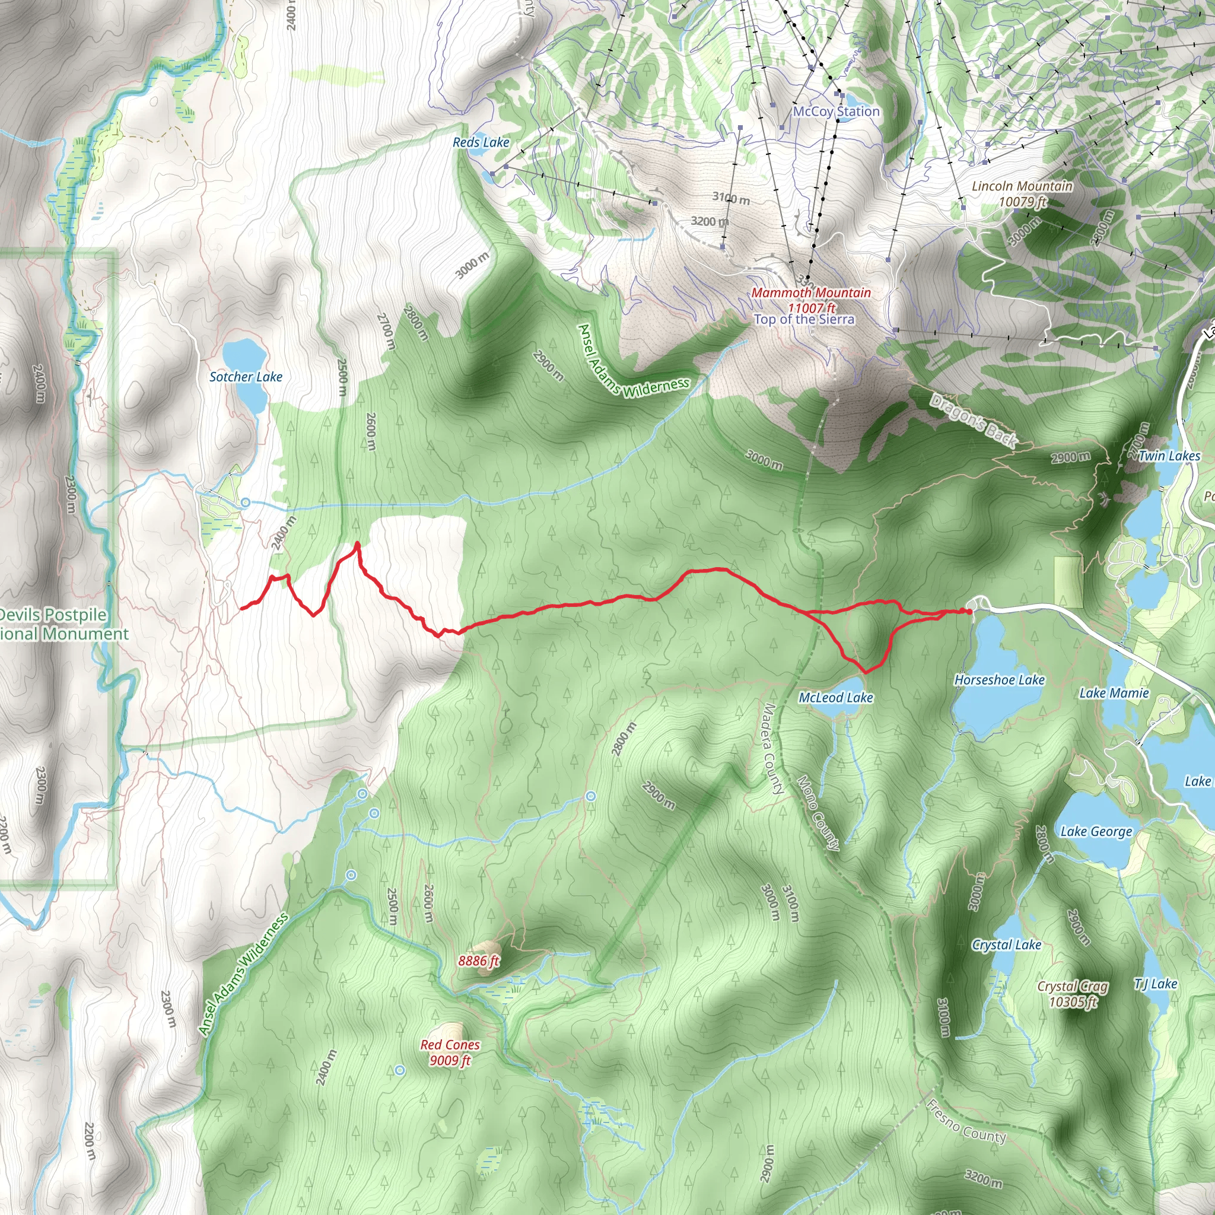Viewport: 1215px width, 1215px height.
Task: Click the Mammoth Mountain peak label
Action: pos(810,300)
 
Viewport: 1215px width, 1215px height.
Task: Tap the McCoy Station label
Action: pos(836,112)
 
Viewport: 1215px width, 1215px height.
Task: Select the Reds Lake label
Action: pos(481,143)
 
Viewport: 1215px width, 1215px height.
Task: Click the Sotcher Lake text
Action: pos(246,377)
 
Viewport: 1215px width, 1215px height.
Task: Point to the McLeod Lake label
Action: pos(836,698)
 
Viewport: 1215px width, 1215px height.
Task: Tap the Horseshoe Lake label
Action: pos(999,680)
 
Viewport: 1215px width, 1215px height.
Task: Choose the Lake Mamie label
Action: pos(1114,693)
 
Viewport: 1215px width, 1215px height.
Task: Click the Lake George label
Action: pos(1096,831)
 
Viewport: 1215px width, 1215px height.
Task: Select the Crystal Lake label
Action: pos(1006,944)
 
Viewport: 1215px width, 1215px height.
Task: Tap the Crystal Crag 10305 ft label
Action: pos(1073,994)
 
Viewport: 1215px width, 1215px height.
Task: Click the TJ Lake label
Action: pos(1155,984)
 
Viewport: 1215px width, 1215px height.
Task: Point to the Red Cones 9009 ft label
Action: pos(450,1052)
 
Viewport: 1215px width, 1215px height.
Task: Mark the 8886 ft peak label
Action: pos(478,960)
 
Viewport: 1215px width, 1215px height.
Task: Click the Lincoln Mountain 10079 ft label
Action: pos(1022,193)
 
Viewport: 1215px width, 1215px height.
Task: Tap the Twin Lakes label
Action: pos(1169,456)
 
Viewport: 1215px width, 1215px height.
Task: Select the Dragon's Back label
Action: pos(973,421)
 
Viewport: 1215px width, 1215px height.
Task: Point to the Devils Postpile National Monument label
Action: pos(56,624)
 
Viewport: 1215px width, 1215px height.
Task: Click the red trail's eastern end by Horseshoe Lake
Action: pos(969,611)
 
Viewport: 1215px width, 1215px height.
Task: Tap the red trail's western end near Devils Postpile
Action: pos(241,608)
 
